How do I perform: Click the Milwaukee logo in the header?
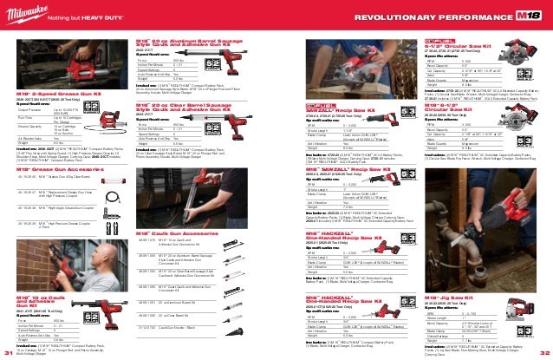pyautogui.click(x=31, y=14)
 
